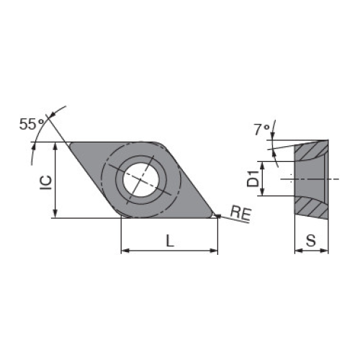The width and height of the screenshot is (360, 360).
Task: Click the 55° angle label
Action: point(32,124)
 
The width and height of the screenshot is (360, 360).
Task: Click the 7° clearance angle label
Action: point(261,130)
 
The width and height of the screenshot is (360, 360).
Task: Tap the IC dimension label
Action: point(46,183)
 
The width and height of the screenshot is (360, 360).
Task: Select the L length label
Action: point(170,240)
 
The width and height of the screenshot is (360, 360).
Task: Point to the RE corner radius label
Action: point(240,213)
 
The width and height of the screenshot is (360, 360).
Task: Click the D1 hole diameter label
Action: point(253,179)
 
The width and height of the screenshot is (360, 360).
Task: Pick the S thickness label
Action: point(311,240)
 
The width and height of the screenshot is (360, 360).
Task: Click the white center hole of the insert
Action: point(141,180)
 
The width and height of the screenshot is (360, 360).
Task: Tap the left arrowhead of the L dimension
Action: point(125,251)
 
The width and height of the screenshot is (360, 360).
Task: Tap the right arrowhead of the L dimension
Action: point(214,251)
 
